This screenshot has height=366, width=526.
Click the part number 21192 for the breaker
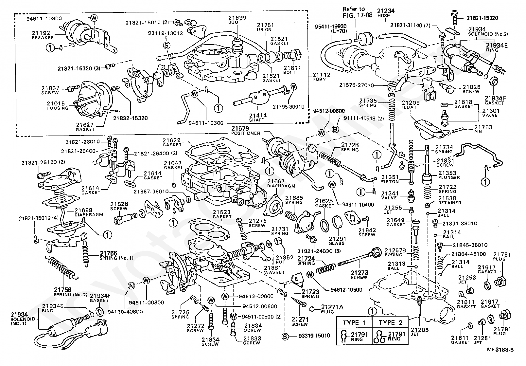point(41,33)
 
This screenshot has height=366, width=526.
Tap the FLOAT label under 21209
point(409,107)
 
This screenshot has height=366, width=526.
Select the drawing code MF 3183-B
point(500,350)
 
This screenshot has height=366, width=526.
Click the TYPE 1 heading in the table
point(354,323)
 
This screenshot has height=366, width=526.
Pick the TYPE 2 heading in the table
point(390,323)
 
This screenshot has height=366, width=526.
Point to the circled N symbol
point(131,286)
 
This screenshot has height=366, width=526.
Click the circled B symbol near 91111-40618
point(335,129)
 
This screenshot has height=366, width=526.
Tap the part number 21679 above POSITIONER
point(240,129)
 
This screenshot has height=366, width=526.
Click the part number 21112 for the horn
point(322,75)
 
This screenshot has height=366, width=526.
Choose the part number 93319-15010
point(314,336)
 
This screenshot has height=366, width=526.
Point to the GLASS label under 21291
point(337,243)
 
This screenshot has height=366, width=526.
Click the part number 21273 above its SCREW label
point(359,273)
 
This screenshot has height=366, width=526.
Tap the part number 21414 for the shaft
point(258,116)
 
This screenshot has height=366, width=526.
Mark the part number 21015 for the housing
point(56,104)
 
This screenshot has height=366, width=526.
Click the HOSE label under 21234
point(384,16)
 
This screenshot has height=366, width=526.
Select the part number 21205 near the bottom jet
point(420,330)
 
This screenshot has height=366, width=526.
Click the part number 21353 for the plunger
point(447,173)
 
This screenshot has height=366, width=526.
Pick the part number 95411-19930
point(331,26)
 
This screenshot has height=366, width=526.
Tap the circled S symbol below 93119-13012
point(167,45)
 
